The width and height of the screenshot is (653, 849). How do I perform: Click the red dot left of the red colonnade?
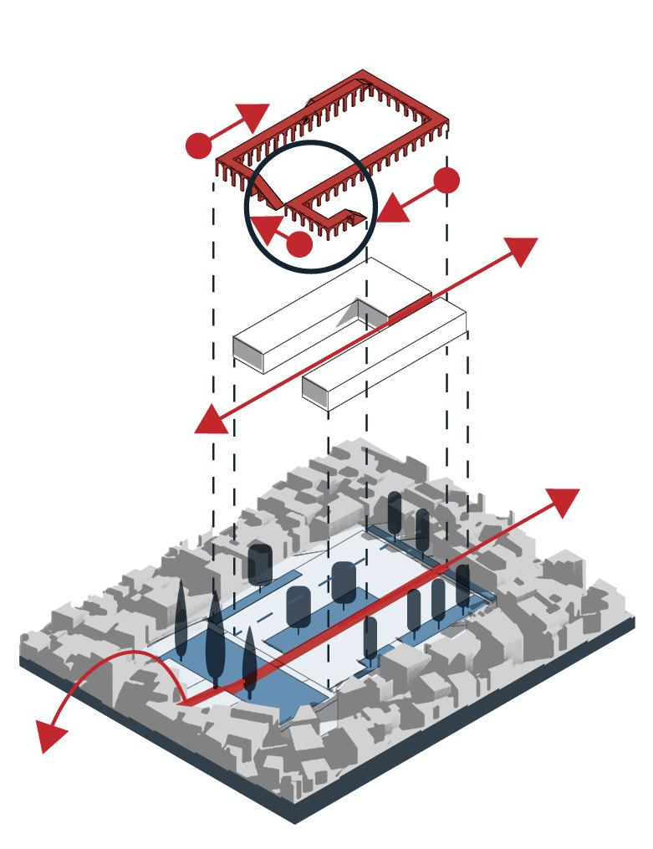coord(198,145)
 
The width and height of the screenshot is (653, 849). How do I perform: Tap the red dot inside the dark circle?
coord(298,243)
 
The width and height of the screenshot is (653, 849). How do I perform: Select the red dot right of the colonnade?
coord(447,180)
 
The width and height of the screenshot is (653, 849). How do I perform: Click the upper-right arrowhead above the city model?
coord(561,502)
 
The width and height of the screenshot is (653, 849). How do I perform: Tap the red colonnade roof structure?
coord(334,134)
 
